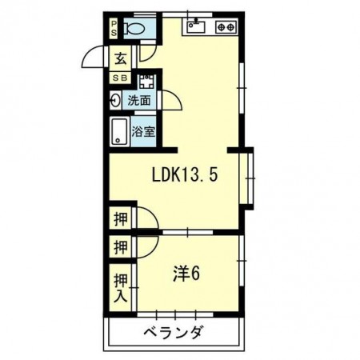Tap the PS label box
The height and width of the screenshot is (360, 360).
(114, 29)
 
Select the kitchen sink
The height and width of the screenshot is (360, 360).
(197, 27)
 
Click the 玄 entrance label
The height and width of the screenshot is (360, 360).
(119, 58)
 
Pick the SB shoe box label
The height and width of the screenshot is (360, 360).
(119, 78)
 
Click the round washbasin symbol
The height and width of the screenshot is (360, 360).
(117, 102)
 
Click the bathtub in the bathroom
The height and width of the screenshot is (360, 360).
(120, 131)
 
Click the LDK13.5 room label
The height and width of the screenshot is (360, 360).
(186, 174)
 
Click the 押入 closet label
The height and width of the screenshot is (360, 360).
(119, 286)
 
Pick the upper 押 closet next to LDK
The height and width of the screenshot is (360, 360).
(119, 218)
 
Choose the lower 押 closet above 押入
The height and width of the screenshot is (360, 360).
(119, 247)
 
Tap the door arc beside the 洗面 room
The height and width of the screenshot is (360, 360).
(170, 102)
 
